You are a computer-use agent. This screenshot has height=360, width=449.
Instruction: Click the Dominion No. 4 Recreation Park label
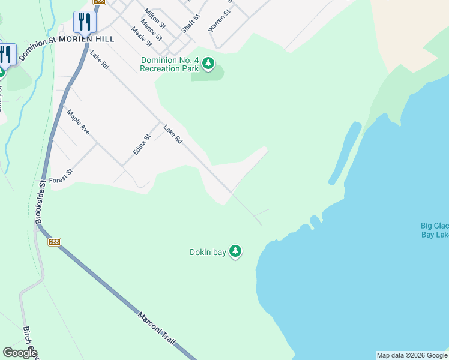click(169, 64)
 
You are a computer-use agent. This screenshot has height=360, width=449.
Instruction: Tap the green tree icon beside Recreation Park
click(208, 64)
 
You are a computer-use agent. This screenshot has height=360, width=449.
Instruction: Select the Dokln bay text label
click(208, 252)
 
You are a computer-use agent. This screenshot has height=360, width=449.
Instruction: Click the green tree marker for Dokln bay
click(235, 251)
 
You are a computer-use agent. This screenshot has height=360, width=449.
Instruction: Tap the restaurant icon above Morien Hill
click(85, 22)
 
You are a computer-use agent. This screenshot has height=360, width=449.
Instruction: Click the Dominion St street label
click(37, 49)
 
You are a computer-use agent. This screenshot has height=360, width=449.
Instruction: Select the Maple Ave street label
click(78, 122)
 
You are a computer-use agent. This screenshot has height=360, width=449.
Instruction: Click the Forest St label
click(61, 176)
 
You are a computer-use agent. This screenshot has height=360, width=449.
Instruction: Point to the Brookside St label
click(41, 202)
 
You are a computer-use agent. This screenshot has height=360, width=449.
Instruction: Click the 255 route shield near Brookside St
click(55, 242)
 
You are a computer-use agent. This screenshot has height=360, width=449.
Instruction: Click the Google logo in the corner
click(20, 353)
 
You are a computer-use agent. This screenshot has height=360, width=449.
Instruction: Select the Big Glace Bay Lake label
click(435, 230)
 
